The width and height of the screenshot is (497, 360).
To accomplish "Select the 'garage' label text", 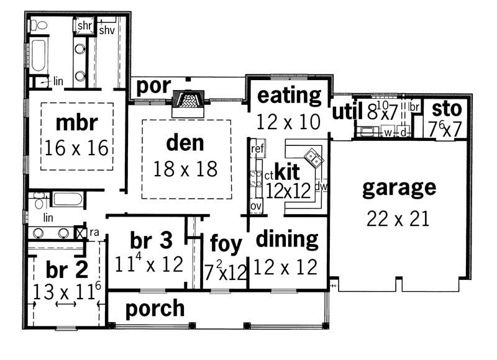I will (399, 187).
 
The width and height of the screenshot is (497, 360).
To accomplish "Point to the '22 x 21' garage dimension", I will (398, 218).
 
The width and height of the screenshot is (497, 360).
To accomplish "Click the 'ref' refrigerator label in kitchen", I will (258, 150).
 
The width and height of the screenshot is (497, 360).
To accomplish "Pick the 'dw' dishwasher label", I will (321, 185).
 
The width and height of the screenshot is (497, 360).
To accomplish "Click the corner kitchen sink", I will (312, 157).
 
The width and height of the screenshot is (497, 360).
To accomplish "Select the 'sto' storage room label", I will (447, 109).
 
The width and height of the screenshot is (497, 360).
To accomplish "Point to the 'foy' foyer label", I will (226, 244).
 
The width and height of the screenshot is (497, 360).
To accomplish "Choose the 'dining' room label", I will (287, 238).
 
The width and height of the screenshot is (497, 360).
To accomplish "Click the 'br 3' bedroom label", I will (150, 240).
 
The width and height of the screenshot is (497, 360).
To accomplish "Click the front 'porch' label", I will (155, 308).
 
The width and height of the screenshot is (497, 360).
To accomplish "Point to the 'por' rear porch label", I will (153, 86).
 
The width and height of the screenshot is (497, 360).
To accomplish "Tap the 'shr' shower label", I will (84, 26).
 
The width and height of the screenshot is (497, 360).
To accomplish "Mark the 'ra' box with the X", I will (80, 232).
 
